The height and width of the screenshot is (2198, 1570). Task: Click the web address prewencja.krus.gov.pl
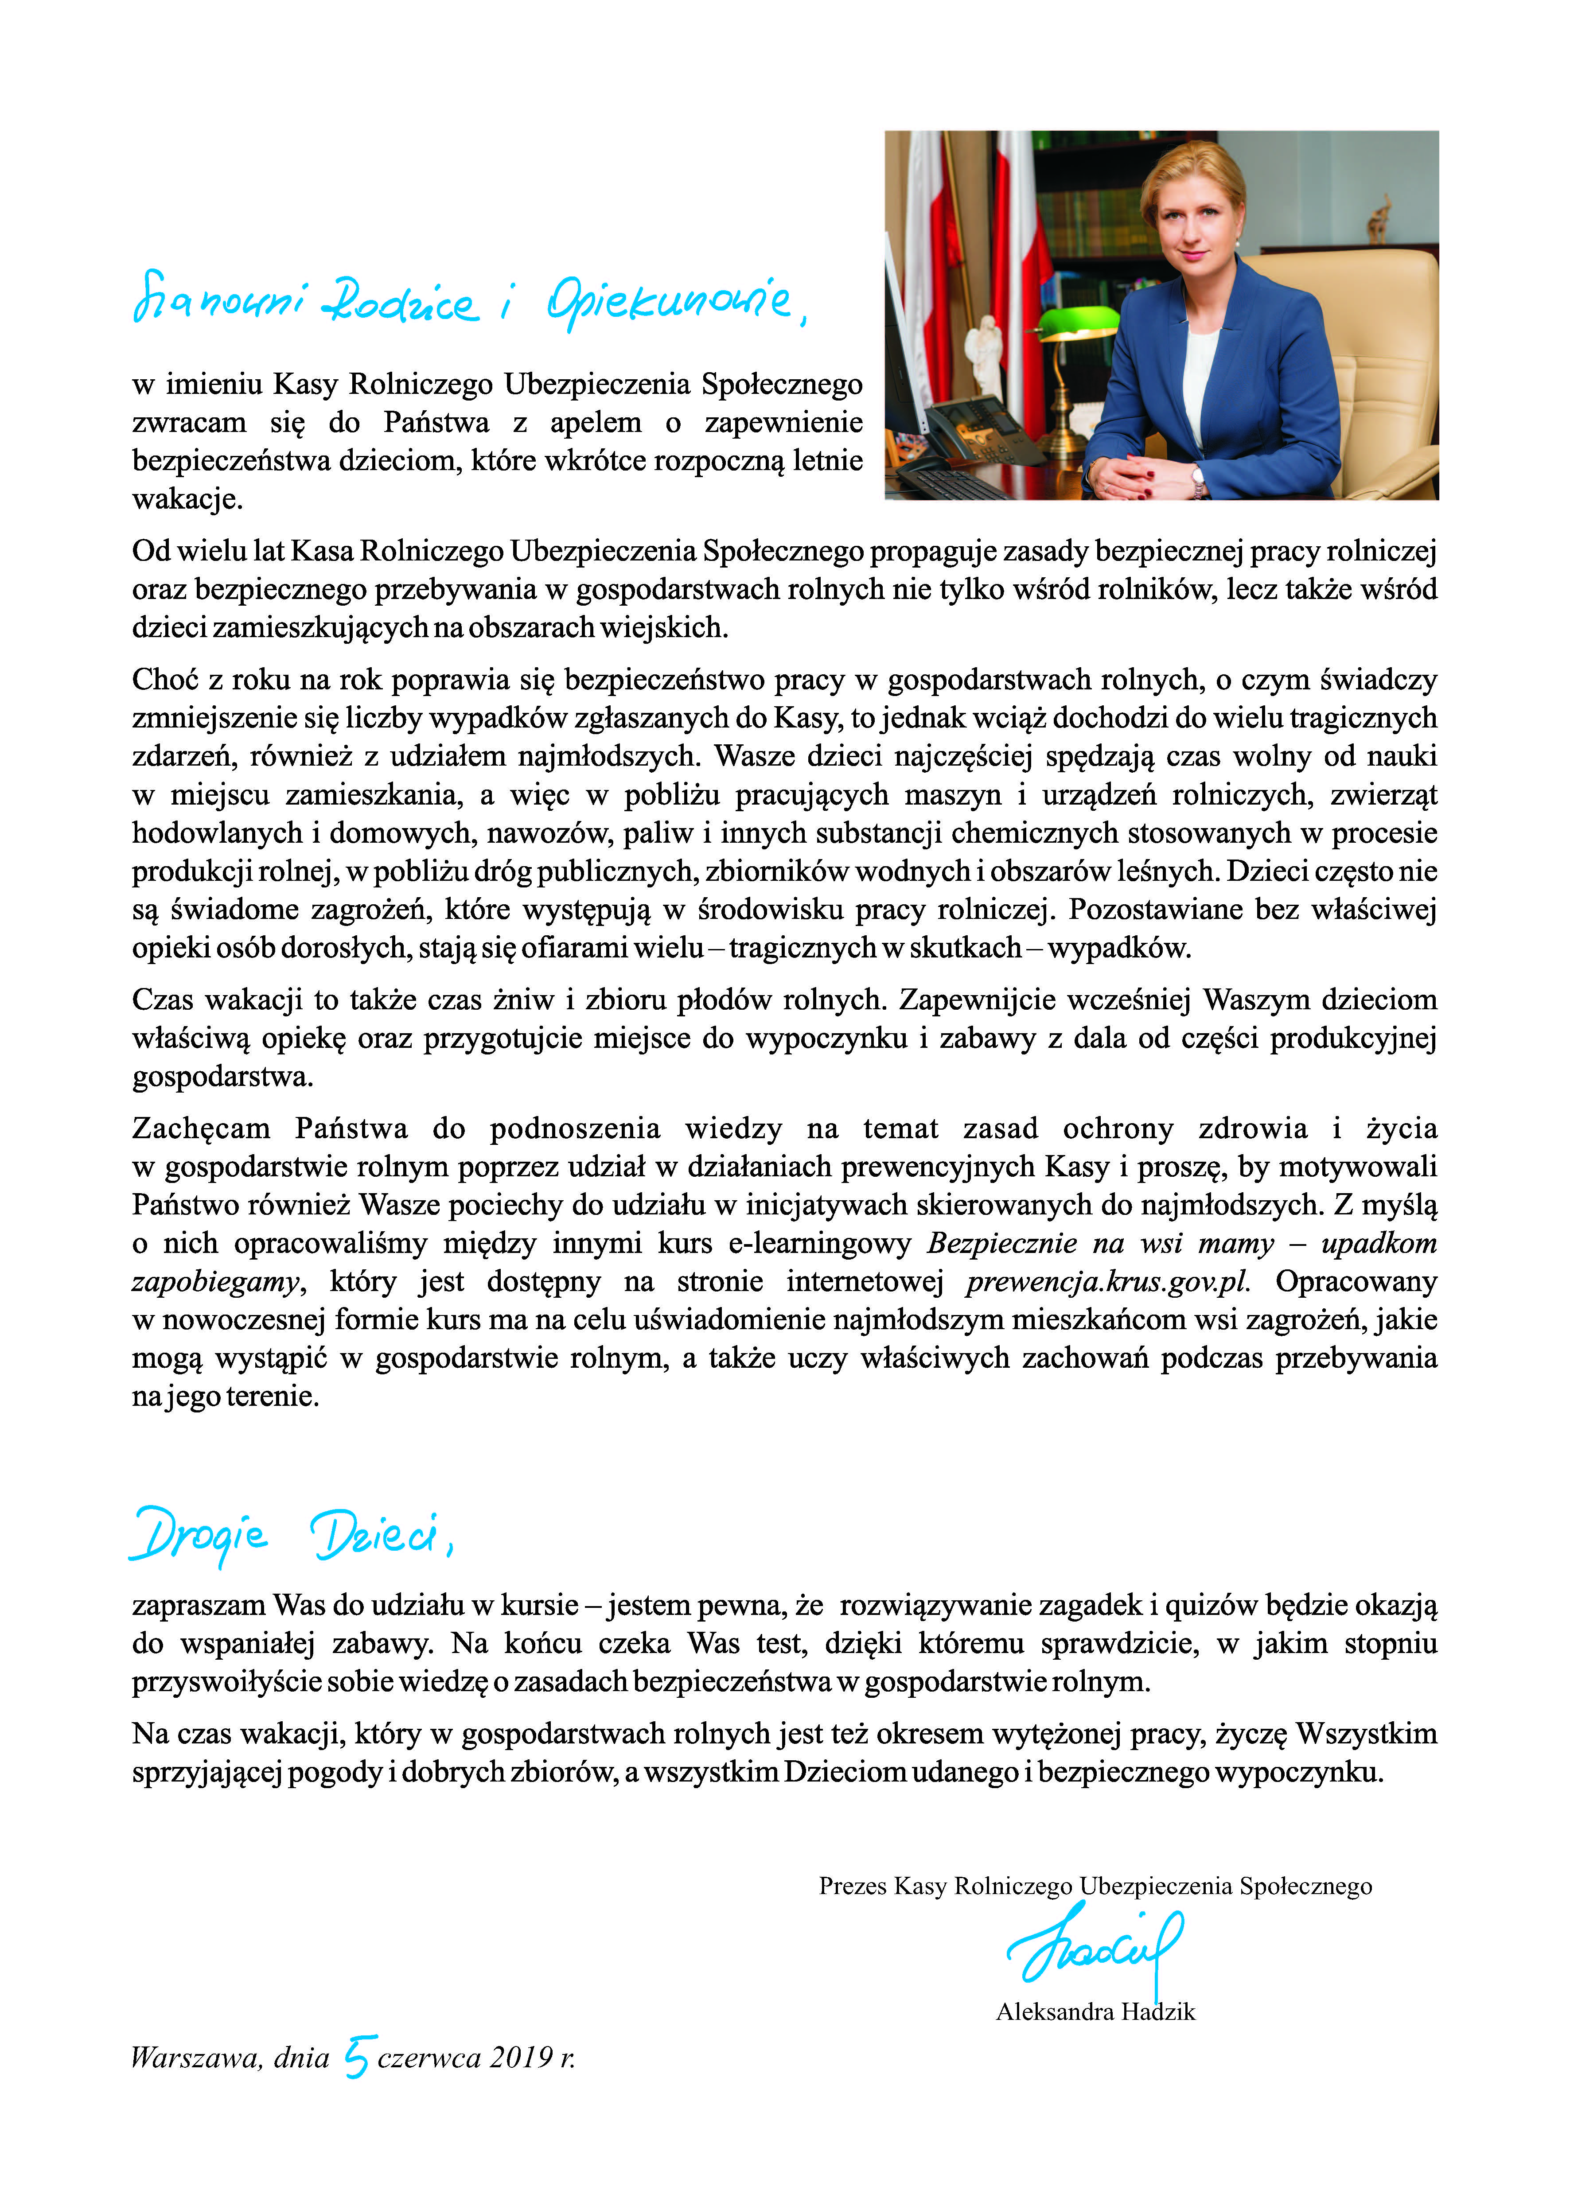click(x=1107, y=1282)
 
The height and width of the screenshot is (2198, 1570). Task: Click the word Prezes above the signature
click(x=853, y=1886)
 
